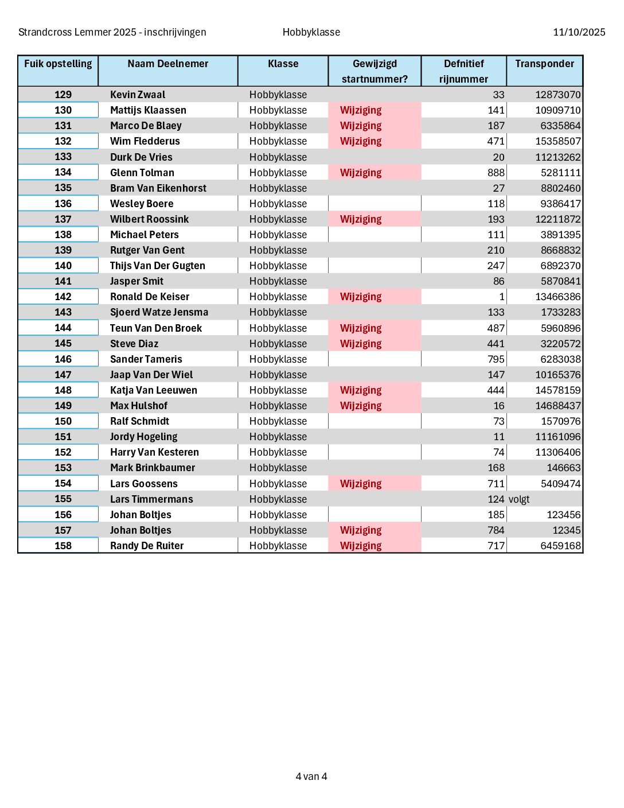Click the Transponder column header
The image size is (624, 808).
click(x=544, y=64)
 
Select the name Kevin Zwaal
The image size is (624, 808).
click(x=138, y=95)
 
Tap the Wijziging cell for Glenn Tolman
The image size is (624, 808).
click(x=361, y=173)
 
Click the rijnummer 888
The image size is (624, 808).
click(x=496, y=173)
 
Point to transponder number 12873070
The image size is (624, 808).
click(x=557, y=95)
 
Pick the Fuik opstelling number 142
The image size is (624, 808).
click(x=63, y=297)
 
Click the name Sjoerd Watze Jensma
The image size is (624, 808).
click(x=159, y=312)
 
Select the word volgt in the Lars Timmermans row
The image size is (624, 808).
click(x=519, y=499)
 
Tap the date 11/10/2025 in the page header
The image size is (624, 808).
click(x=579, y=32)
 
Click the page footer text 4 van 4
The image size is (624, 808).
click(x=311, y=776)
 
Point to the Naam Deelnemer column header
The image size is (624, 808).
click(x=168, y=64)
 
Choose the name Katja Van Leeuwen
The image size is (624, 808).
click(x=154, y=390)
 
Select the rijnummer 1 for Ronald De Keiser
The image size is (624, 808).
click(x=502, y=297)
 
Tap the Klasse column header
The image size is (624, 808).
click(x=283, y=64)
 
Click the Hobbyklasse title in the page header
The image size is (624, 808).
click(x=311, y=32)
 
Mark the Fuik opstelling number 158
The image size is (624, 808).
click(x=63, y=546)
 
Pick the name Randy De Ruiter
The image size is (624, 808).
click(x=147, y=546)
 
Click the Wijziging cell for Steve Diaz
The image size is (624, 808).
click(x=361, y=344)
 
